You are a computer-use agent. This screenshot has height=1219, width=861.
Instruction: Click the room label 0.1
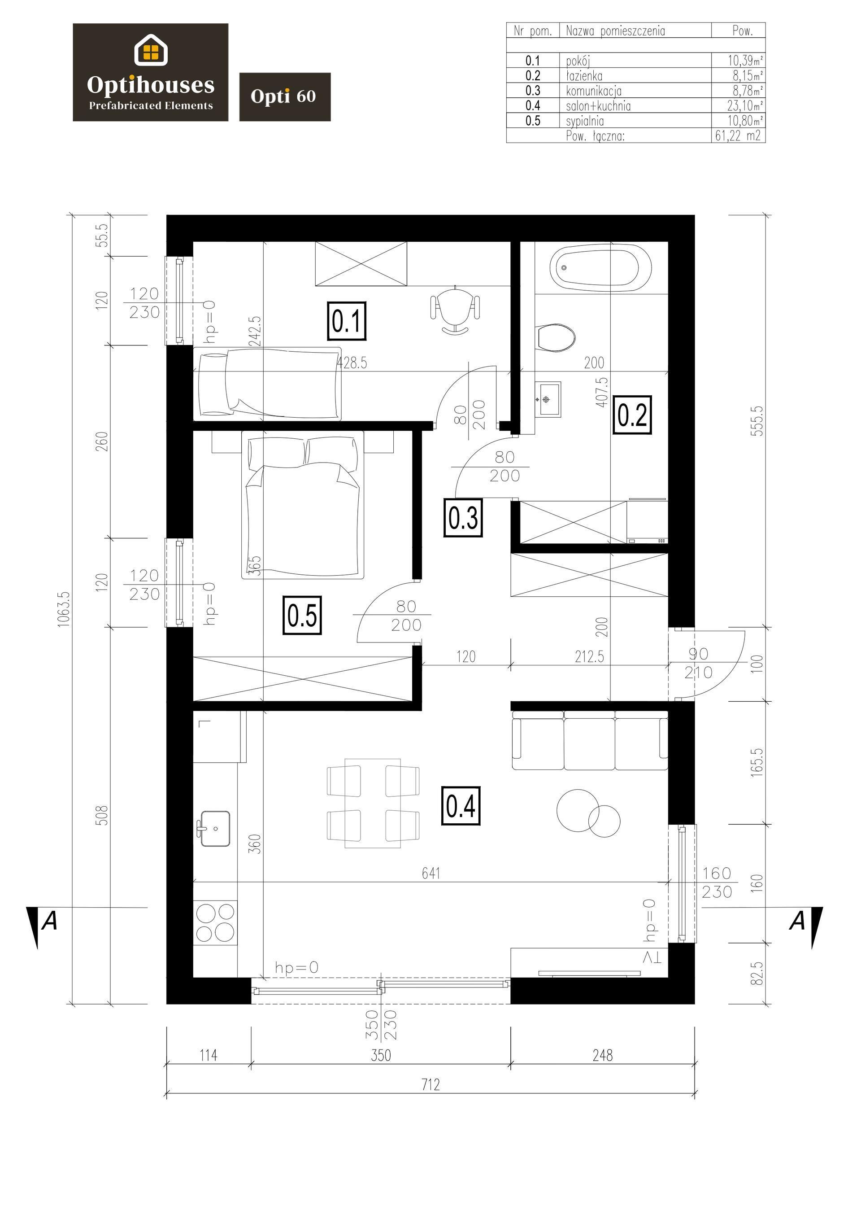point(347,321)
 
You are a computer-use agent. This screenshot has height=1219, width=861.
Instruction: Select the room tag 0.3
point(463,518)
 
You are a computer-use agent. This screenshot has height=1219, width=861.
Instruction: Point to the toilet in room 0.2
point(556,337)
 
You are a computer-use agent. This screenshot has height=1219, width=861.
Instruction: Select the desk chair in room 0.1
point(456,310)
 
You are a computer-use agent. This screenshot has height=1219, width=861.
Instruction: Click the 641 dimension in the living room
point(430,873)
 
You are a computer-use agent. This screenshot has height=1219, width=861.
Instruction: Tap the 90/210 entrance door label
point(698,663)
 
